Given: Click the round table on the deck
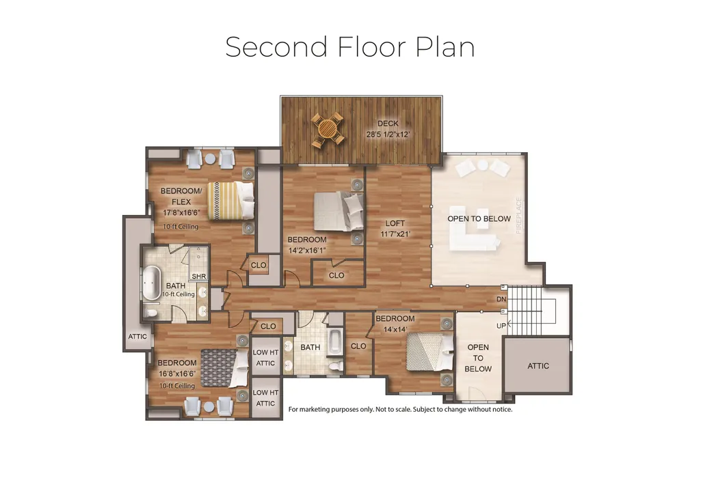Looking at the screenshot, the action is pos(328,129).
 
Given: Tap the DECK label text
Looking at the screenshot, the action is pos(388,124).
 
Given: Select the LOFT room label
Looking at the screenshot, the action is pos(395,223).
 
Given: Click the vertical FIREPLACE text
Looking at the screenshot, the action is pos(518,216).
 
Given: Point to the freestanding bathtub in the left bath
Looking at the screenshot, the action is pos(152,283).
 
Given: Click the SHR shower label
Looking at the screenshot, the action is pos(199,277).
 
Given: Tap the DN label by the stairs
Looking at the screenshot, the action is pos(501,299).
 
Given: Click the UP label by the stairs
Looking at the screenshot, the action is pos(501,326).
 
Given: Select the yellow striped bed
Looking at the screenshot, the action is pos(230,201).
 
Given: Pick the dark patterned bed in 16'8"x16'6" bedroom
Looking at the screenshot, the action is pos(224,368).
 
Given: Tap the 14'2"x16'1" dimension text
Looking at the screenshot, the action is pos(306,251).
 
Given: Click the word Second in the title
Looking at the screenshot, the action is pos(276,47).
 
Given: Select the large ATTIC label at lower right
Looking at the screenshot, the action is pos(538,366).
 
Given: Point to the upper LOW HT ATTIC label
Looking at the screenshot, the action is pos(265,358).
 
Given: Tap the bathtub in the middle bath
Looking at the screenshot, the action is pos(335,342).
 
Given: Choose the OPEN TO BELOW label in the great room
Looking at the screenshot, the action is pos(479,218).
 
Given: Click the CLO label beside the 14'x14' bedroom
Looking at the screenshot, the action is pos(358,346).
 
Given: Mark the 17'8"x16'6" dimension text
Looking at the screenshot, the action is pos(181,212).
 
